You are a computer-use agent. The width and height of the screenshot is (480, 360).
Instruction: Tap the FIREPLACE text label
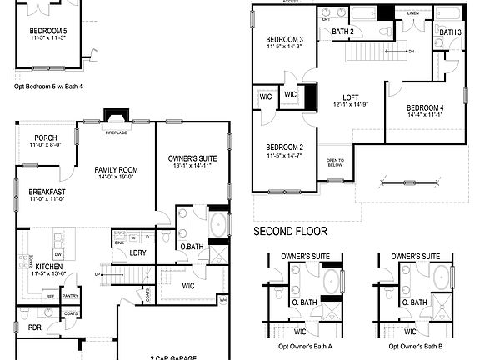(115, 132)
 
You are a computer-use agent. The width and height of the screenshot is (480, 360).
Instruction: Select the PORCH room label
(46, 138)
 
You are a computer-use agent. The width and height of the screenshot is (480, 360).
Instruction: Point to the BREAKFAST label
(46, 192)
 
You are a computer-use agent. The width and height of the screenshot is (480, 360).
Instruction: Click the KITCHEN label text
(49, 266)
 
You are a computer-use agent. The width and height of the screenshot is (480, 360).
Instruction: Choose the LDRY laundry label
(138, 252)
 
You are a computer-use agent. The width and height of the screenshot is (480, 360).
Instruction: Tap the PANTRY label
(70, 295)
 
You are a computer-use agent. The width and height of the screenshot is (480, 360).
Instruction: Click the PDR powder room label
(34, 327)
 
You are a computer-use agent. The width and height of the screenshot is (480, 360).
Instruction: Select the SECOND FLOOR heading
(290, 231)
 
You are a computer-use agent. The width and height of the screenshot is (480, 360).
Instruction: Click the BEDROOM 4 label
(425, 109)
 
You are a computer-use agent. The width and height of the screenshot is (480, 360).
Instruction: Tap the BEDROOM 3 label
(284, 40)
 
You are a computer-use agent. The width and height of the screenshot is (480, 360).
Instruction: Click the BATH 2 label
(343, 32)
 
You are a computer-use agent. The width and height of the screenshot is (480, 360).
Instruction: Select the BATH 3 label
(450, 32)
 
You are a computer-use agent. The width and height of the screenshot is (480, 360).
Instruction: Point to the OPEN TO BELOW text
(335, 162)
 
